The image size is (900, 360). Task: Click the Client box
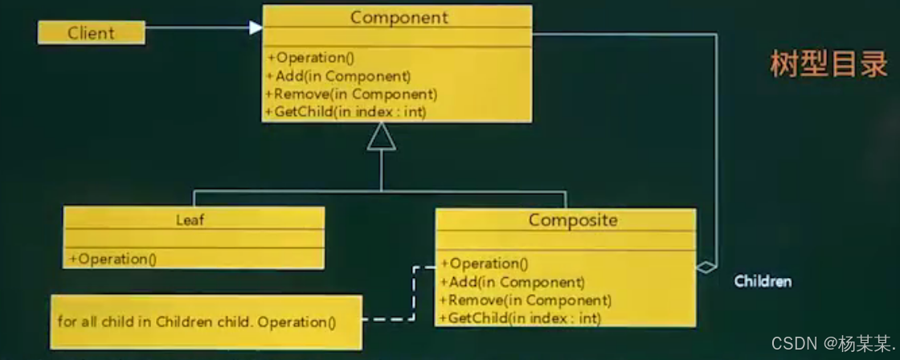[91, 33]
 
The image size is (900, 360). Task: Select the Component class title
[399, 17]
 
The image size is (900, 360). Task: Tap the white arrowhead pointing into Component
[256, 28]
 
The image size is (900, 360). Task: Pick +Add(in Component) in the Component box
[338, 76]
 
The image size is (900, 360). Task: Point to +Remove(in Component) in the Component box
[351, 94]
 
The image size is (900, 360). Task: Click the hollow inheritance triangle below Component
[382, 139]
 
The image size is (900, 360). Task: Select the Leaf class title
[190, 219]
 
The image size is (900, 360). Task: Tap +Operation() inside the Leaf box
[112, 259]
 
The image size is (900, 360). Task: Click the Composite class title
[573, 220]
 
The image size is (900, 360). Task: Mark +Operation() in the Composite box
[485, 264]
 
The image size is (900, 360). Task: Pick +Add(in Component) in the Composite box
[512, 282]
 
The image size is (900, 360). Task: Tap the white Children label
[763, 281]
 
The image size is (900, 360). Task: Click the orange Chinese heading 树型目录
[828, 64]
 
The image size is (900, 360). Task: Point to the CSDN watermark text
[832, 343]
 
